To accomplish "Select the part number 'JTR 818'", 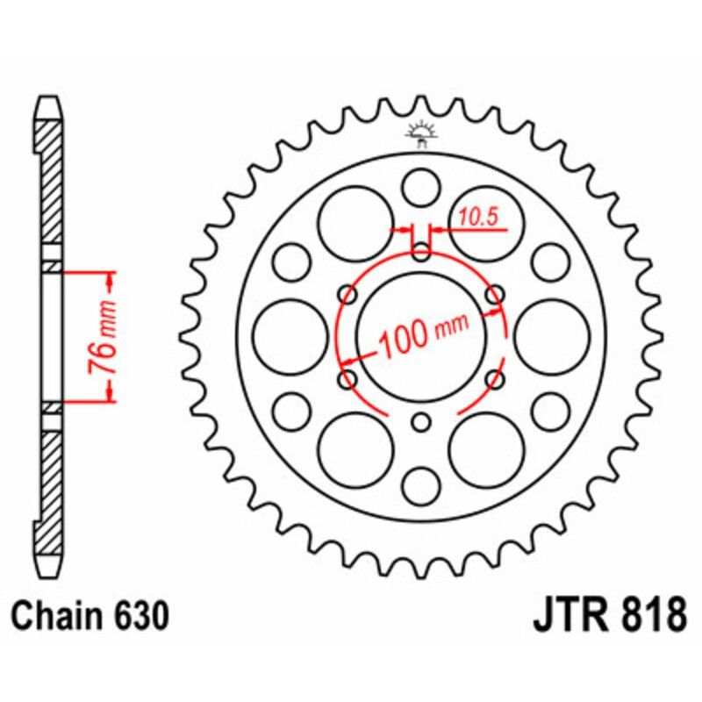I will click(x=609, y=615).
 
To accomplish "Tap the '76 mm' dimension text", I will click(x=105, y=337).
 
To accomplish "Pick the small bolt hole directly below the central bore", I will click(x=421, y=422).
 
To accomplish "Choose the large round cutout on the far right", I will click(x=552, y=335).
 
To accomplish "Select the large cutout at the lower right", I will click(x=485, y=448).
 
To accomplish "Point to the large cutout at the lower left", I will click(x=355, y=448).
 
